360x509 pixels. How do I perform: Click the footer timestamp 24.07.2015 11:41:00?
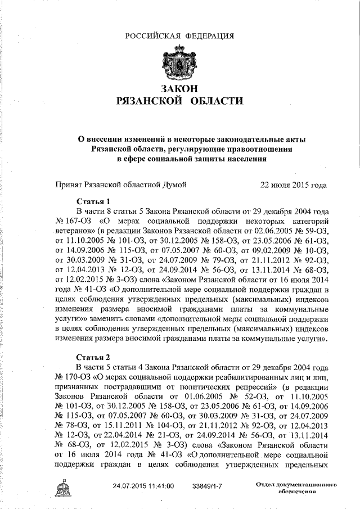[143, 485]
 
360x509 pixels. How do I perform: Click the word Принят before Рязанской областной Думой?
[69, 184]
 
